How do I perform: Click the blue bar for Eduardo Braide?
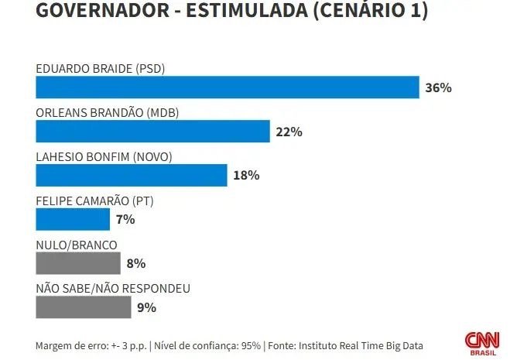(x=227, y=87)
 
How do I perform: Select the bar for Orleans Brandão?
(x=152, y=132)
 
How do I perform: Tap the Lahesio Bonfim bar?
(x=132, y=176)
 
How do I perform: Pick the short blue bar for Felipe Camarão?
(x=73, y=220)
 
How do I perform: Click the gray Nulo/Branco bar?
(x=78, y=264)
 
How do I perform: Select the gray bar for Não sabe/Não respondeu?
(x=84, y=307)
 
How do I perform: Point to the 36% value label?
(x=438, y=87)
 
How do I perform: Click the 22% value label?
(x=289, y=132)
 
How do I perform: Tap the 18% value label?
(x=246, y=176)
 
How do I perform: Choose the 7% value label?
(x=125, y=220)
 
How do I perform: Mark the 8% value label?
(x=136, y=264)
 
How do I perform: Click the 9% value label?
(x=147, y=307)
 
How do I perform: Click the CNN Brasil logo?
(x=481, y=341)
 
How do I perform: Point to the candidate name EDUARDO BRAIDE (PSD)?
(x=101, y=68)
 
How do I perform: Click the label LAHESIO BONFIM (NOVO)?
(x=104, y=156)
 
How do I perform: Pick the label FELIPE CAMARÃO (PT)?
(x=94, y=201)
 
